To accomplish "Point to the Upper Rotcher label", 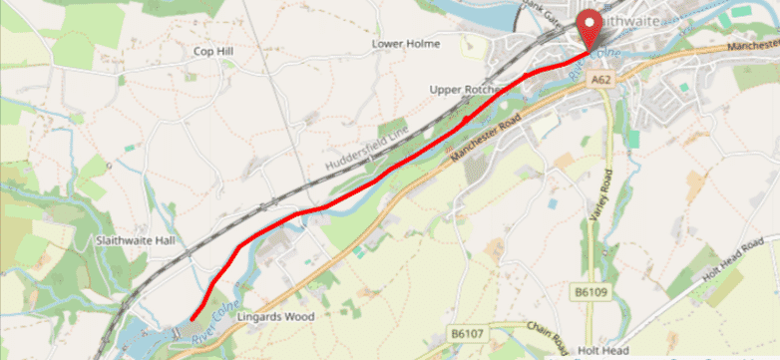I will click(x=463, y=90).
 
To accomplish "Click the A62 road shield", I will click(x=599, y=79).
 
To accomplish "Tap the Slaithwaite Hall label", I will click(x=135, y=240).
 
